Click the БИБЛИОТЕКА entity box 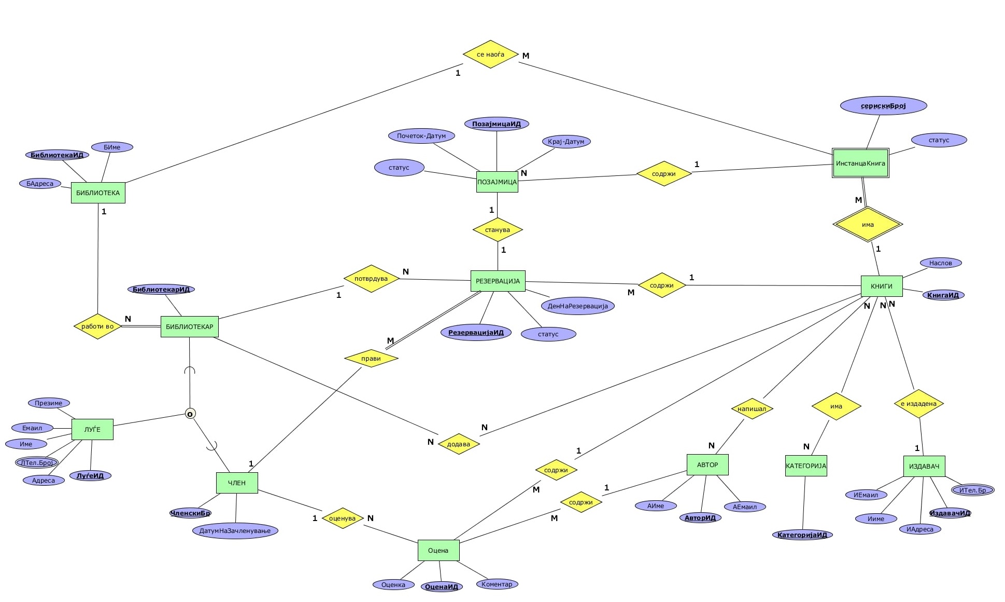[98, 193]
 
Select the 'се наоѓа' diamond [490, 54]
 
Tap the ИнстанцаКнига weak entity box [860, 163]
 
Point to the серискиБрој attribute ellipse [883, 106]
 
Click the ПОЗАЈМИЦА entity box [497, 182]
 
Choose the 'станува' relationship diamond [497, 229]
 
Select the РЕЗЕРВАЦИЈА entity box [498, 281]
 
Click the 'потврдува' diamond [371, 279]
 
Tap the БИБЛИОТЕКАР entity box [189, 326]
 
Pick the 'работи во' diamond [97, 326]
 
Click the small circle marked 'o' [190, 414]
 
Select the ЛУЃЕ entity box [92, 429]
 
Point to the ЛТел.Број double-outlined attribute [37, 462]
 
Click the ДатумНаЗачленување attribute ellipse [235, 530]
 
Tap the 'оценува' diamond [342, 518]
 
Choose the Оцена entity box [438, 550]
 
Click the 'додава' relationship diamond [458, 444]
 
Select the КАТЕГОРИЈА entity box [805, 466]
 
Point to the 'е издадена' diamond [918, 404]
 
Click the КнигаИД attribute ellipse [943, 295]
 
